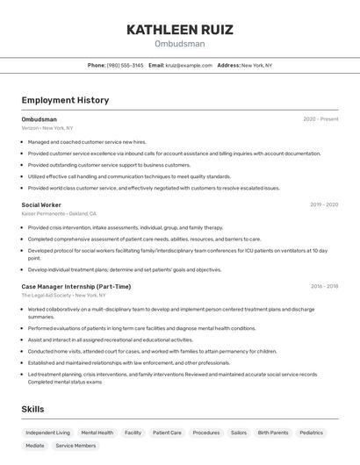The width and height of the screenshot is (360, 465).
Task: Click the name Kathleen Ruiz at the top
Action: (179, 30)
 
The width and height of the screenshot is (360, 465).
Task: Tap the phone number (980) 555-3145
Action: (125, 65)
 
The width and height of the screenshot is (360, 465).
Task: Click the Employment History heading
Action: (65, 100)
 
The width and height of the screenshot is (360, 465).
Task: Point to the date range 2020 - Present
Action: (320, 119)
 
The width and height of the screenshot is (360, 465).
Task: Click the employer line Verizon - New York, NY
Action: (47, 128)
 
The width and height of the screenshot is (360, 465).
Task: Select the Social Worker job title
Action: (41, 204)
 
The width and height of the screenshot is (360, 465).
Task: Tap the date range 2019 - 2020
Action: (323, 204)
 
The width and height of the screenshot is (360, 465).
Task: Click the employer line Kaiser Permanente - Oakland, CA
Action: (59, 213)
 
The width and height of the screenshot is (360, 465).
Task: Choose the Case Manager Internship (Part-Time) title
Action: (76, 286)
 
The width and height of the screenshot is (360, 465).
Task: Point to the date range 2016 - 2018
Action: (323, 286)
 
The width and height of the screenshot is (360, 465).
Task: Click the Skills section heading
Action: (32, 409)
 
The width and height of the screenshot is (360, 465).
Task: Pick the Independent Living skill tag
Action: (47, 433)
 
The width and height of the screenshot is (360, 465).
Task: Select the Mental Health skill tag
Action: (97, 433)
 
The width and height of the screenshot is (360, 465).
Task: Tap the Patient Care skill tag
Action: (167, 433)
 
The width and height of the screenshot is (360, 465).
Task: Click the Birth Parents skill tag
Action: (272, 433)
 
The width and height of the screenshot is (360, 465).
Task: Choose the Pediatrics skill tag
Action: (311, 433)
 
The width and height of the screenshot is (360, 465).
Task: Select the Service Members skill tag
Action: (76, 446)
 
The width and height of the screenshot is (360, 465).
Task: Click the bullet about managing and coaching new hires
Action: (87, 141)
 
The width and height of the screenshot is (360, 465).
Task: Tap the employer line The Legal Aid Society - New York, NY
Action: (69, 295)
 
